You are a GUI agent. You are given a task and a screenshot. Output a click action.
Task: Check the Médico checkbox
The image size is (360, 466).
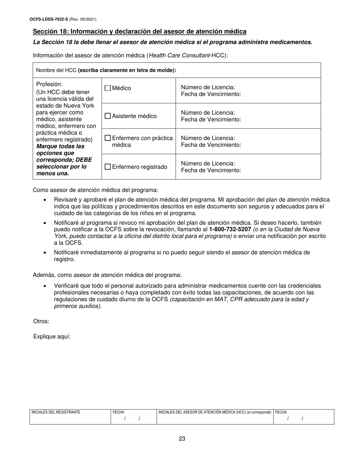click(x=108, y=88)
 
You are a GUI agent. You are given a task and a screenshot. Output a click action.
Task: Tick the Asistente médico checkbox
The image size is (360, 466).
click(x=108, y=116)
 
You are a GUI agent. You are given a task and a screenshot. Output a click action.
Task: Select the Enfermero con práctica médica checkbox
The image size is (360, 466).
click(x=108, y=138)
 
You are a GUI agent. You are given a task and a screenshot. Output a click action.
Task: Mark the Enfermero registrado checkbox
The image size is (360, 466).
click(x=108, y=167)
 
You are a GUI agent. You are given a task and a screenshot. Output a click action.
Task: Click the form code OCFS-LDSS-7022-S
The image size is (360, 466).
click(x=49, y=19)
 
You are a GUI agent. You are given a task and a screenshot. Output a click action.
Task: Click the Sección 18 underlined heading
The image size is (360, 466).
click(x=139, y=31)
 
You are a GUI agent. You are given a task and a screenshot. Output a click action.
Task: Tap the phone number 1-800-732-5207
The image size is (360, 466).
click(x=230, y=230)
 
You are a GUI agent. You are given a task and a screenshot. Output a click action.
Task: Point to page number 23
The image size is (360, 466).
click(x=182, y=439)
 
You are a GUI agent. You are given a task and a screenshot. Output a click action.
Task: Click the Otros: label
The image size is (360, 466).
click(x=41, y=321)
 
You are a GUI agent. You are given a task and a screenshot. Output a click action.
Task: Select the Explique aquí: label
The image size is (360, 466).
click(x=52, y=336)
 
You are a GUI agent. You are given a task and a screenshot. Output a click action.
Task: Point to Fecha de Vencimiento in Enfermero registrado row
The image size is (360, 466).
click(x=211, y=170)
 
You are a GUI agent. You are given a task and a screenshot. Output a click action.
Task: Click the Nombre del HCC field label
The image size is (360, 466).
click(x=106, y=70)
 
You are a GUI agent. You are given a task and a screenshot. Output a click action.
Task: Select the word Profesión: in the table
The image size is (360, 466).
click(x=49, y=84)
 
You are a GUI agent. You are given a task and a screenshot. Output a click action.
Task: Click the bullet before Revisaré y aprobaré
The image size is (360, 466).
click(x=45, y=200)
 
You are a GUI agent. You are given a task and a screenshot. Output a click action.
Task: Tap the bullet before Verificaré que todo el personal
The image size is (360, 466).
click(x=45, y=286)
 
